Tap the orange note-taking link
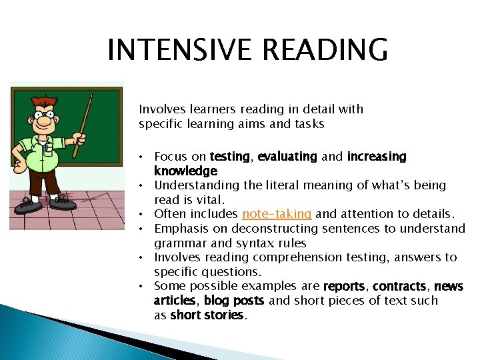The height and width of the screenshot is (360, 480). click(277, 214)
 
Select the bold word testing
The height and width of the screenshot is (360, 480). click(230, 157)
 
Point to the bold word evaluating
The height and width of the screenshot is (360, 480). click(287, 157)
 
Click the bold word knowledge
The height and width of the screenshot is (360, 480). click(185, 171)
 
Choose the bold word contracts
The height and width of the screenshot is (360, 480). click(399, 286)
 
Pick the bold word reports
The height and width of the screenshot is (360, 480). click(345, 286)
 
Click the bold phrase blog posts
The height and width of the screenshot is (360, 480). click(234, 301)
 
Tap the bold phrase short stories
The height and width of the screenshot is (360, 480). click(208, 315)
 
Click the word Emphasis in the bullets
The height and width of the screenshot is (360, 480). click(179, 229)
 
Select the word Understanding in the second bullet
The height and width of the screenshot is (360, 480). click(195, 185)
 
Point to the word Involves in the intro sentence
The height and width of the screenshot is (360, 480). click(159, 109)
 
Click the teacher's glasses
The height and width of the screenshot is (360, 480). click(45, 115)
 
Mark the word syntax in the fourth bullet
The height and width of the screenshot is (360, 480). click(240, 243)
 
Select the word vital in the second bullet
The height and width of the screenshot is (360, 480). click(211, 200)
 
